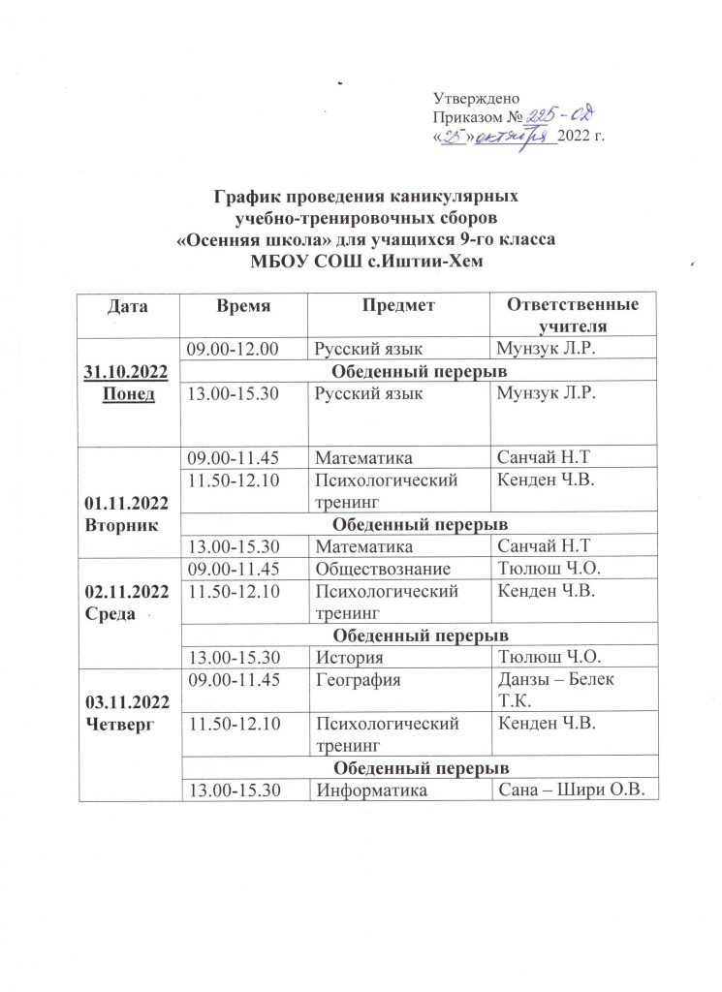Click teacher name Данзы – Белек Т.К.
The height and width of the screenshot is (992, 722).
(555, 690)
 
